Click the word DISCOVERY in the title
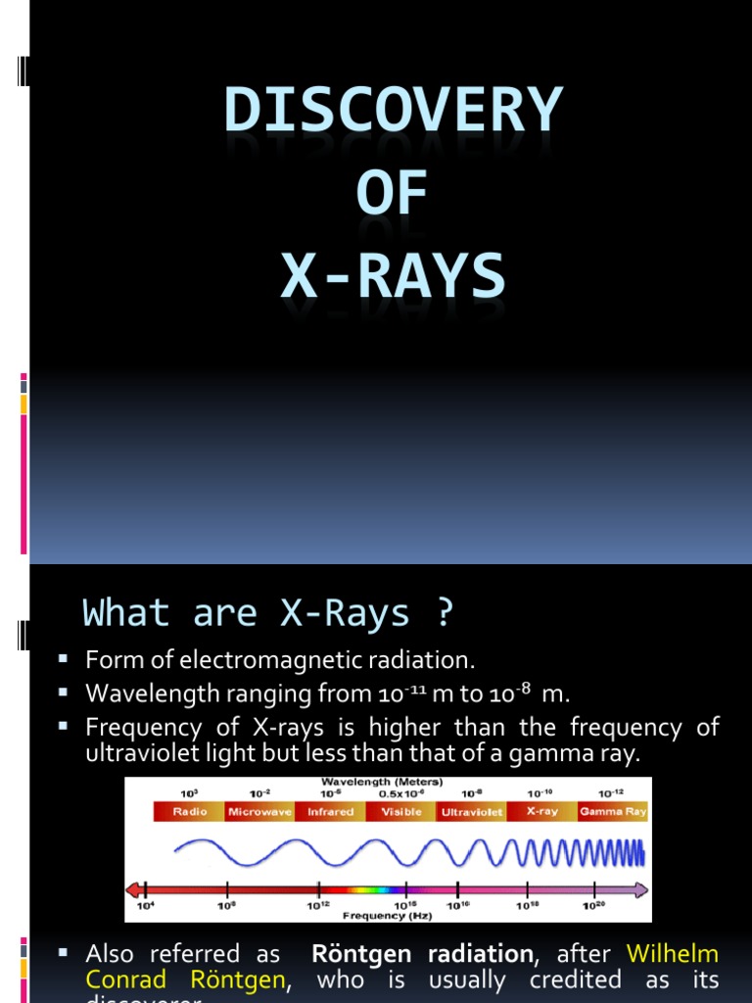tap(393, 111)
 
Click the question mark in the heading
tap(444, 613)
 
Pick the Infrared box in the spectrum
tap(330, 811)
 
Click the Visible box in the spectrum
tap(400, 811)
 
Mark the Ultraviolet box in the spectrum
tap(471, 811)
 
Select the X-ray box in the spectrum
tap(541, 811)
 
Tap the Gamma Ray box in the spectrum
tap(613, 811)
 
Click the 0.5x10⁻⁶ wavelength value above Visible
tap(400, 794)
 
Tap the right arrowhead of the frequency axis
tap(640, 889)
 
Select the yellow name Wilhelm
tap(673, 954)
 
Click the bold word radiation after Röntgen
tap(475, 954)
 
